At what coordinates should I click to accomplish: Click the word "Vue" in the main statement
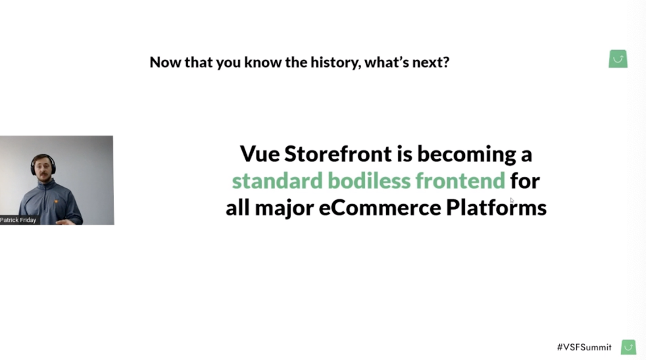[260, 154]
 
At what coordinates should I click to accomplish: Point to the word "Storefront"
[338, 154]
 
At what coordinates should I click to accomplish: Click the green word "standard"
[277, 180]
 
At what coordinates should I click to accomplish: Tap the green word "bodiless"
[369, 180]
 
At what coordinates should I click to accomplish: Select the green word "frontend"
[460, 180]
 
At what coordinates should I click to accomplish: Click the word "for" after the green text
[525, 180]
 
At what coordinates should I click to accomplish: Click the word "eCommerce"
[380, 207]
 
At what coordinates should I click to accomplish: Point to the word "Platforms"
[497, 207]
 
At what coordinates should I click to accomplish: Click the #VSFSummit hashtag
[584, 347]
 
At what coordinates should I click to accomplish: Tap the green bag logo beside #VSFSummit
[628, 347]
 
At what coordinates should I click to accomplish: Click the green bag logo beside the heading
[618, 59]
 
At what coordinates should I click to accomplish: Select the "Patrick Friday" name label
[18, 220]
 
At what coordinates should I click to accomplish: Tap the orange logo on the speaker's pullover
[56, 201]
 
